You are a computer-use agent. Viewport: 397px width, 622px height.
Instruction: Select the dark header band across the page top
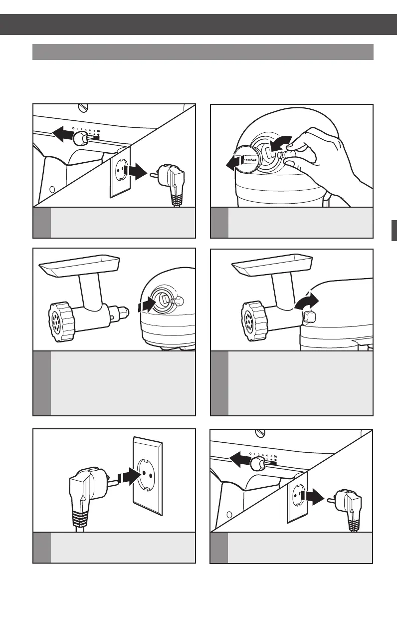(198, 24)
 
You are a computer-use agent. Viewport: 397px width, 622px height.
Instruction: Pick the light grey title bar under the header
(202, 51)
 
